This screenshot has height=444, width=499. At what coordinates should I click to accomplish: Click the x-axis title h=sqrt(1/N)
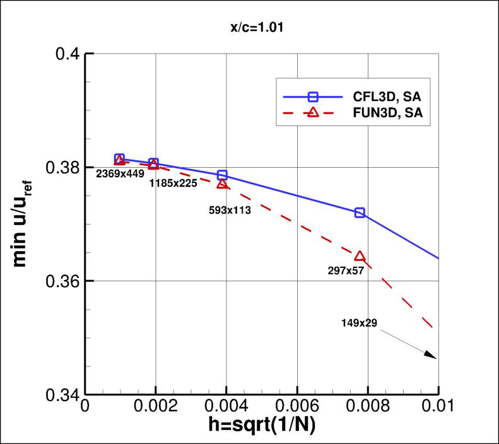(x=262, y=425)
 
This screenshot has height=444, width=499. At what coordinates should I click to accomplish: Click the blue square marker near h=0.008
(x=360, y=213)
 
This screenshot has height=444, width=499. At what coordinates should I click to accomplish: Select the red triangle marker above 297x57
(x=360, y=256)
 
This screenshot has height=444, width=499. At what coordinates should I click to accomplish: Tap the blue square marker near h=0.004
(x=222, y=175)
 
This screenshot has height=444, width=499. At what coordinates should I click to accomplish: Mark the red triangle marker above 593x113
(x=222, y=184)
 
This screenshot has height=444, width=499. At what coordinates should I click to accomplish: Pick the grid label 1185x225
(x=173, y=184)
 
